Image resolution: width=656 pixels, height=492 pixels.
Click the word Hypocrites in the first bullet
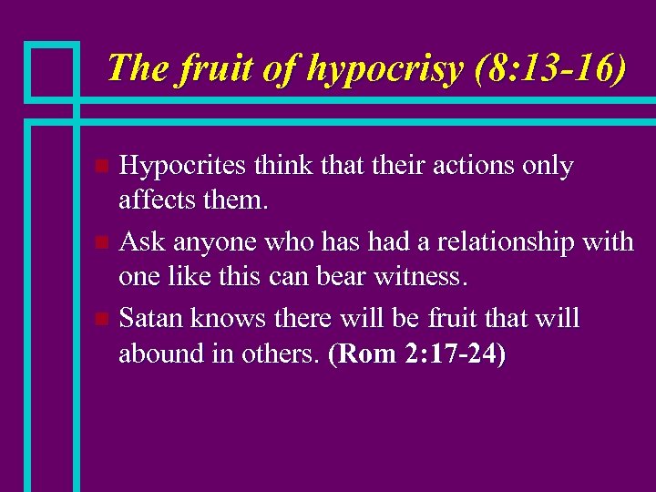(x=183, y=166)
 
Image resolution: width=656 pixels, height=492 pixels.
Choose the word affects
(x=161, y=198)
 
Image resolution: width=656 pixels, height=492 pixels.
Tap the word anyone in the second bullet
(x=207, y=242)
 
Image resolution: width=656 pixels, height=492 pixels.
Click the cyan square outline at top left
(x=51, y=69)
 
